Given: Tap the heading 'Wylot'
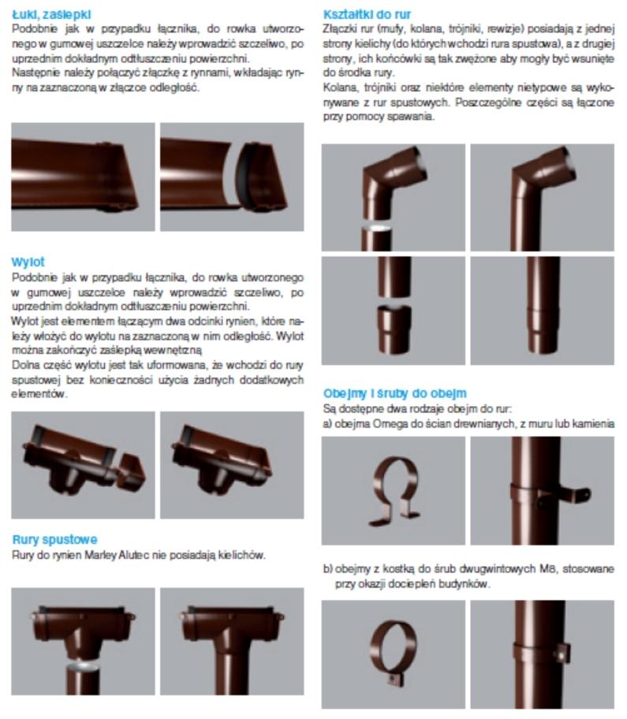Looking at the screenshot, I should [28, 261].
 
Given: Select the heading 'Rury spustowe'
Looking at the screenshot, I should [54, 540].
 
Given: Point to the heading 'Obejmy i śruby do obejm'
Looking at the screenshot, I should [394, 393].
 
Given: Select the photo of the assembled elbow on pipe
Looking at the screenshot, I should [542, 197].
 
